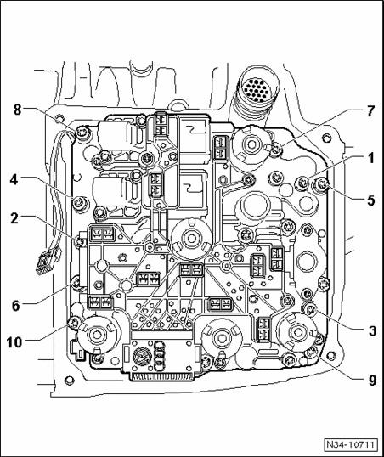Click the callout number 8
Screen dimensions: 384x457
18,110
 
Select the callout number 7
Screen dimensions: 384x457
370,111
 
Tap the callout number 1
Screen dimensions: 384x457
370,158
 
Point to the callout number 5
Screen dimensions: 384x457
370,200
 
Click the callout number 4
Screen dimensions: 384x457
14,180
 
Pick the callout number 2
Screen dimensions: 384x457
14,219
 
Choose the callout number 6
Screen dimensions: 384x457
16,306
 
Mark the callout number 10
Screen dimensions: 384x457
14,342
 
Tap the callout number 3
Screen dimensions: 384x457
372,331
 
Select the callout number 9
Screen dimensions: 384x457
372,381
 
